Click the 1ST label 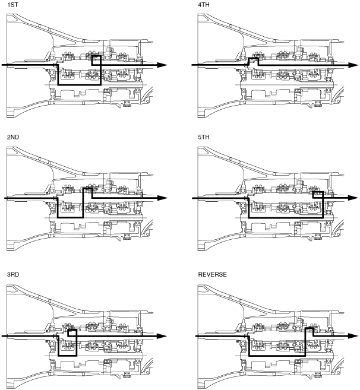(12, 5)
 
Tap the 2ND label (13, 137)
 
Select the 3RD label (13, 274)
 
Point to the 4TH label (204, 5)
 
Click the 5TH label (204, 137)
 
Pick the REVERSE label (212, 274)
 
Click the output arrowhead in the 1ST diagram (162, 65)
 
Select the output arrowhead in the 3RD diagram (162, 336)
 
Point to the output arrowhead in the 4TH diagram (353, 65)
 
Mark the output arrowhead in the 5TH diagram (353, 198)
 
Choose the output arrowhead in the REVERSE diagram (353, 336)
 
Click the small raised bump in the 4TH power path (254, 58)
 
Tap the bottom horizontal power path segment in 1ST (79, 85)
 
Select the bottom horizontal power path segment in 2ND (70, 218)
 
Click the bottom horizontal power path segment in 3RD (67, 356)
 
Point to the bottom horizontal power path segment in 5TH (286, 218)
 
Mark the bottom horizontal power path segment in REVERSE (277, 356)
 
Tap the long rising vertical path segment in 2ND (83, 203)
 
